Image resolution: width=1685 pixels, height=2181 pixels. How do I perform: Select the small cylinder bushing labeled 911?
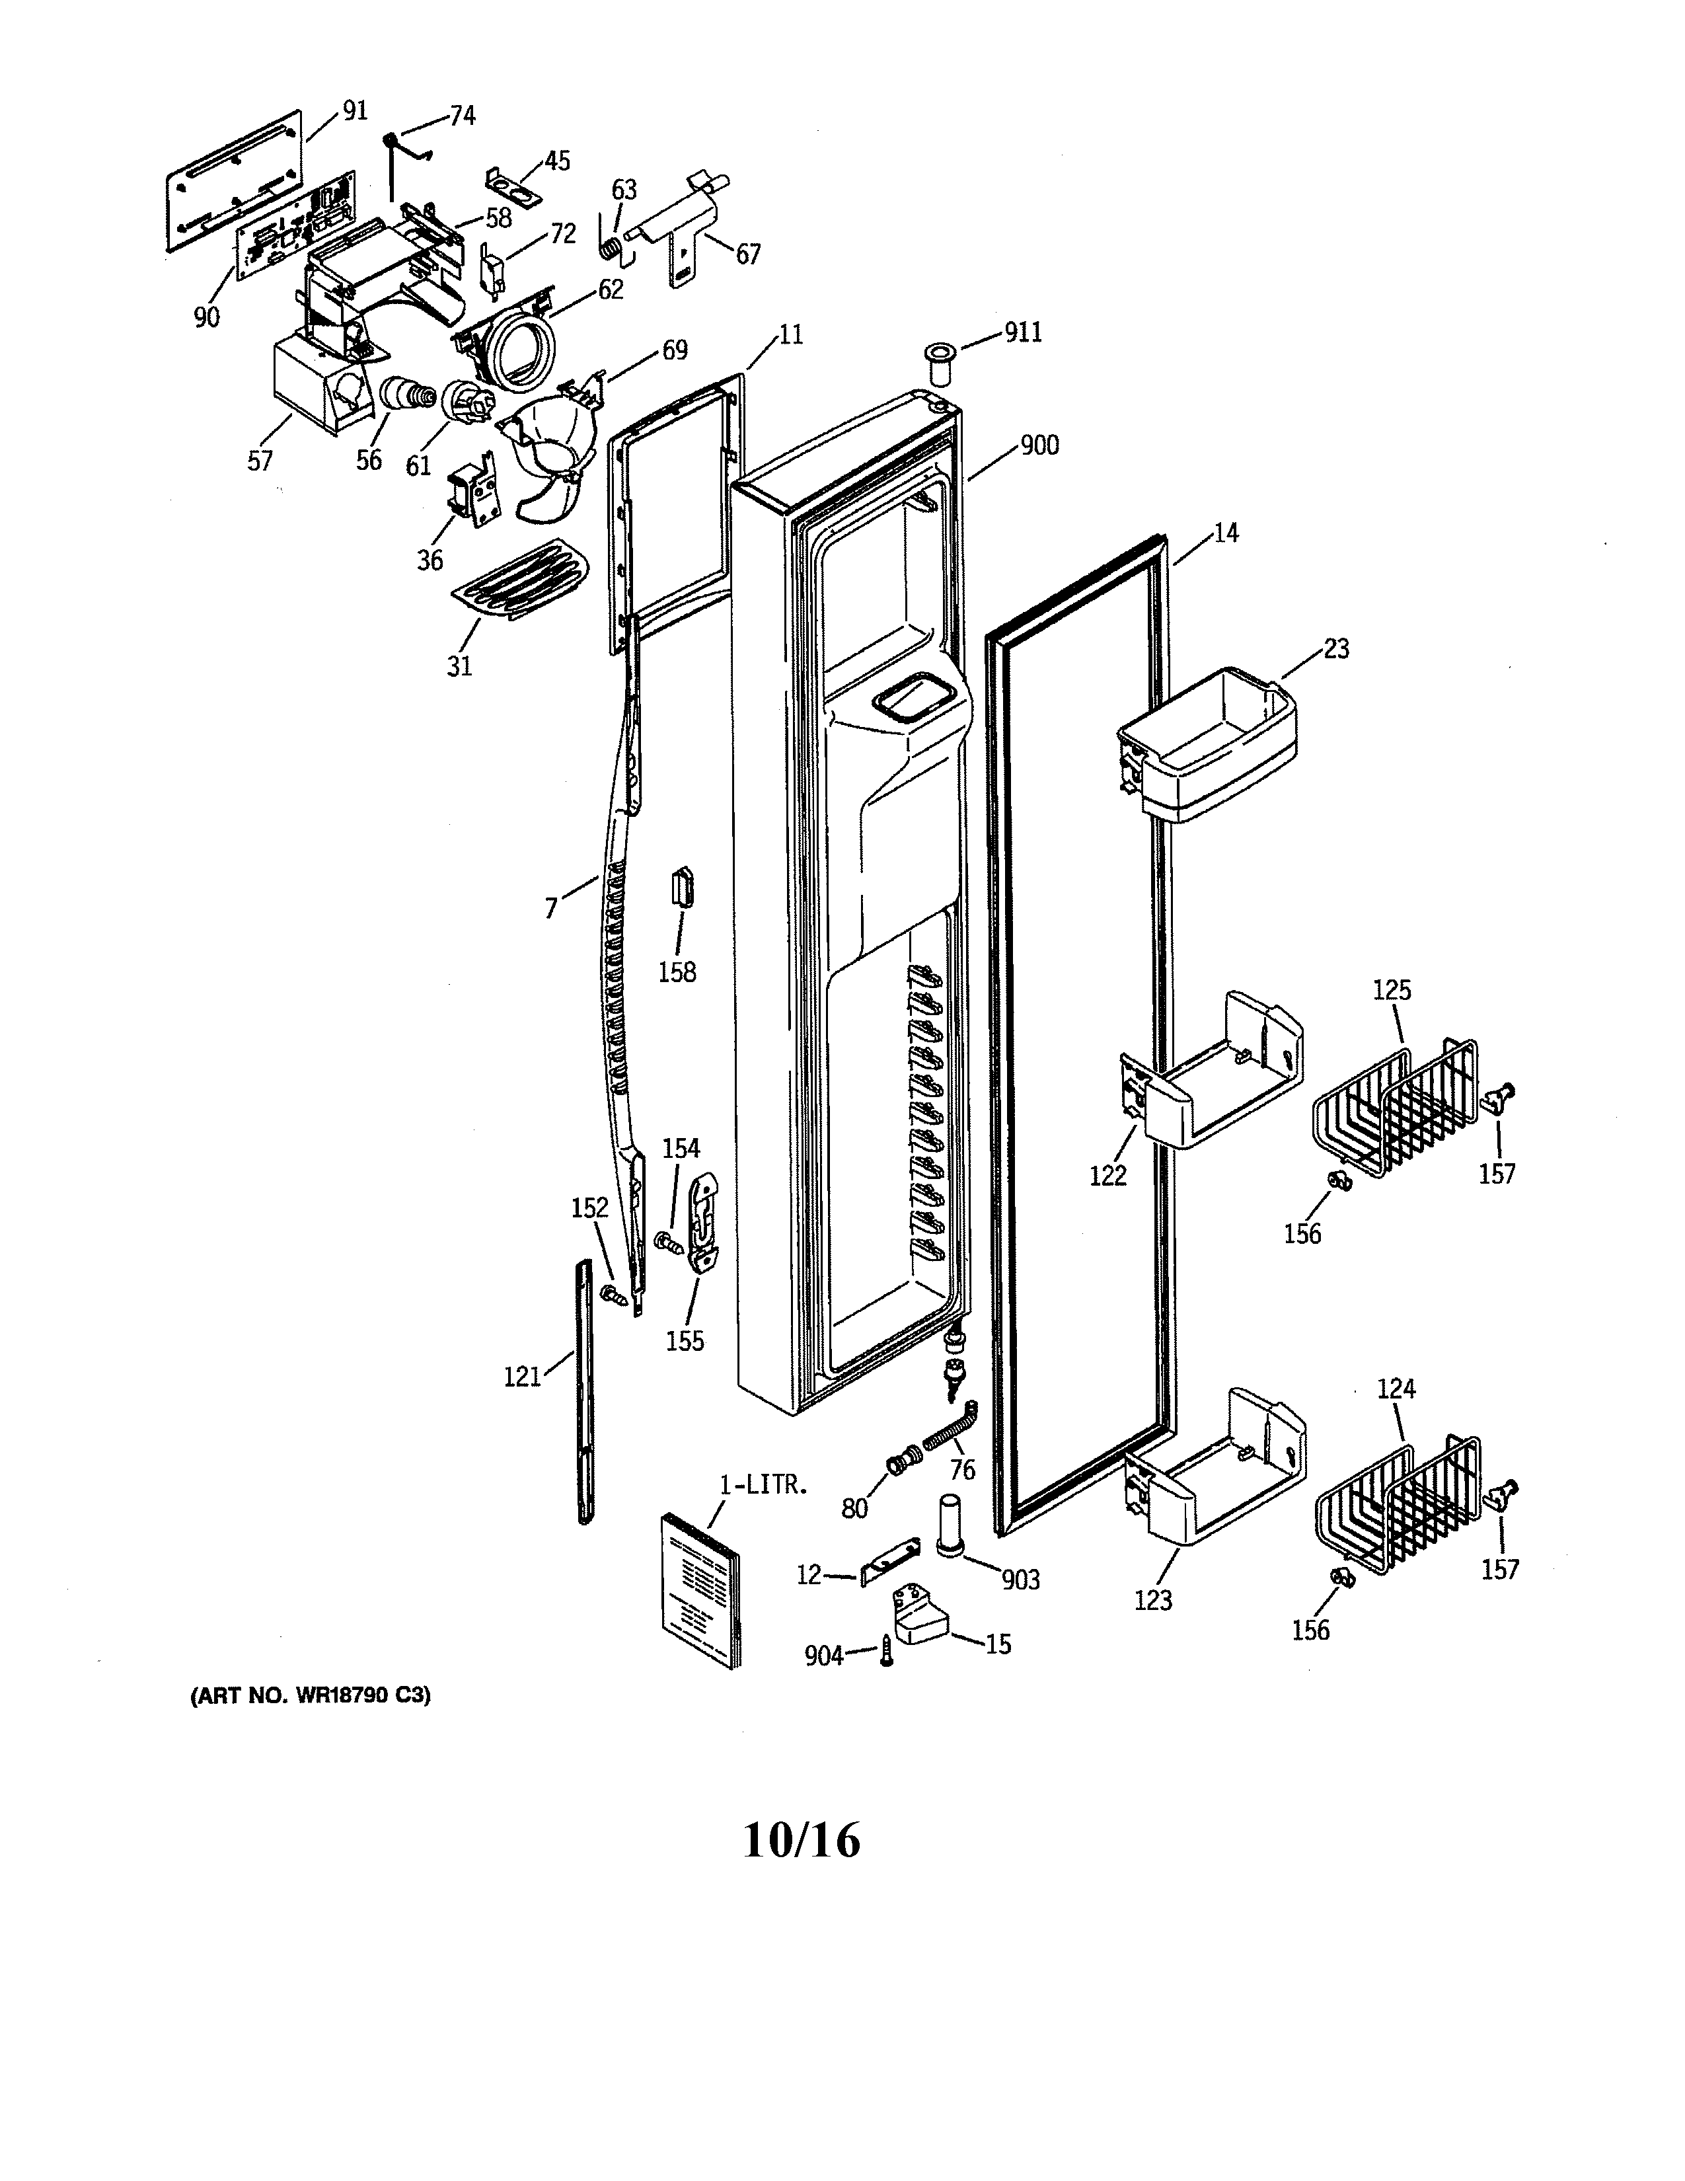938,365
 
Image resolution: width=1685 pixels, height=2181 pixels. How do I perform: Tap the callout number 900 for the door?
1039,446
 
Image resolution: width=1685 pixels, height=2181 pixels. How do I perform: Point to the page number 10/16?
802,1841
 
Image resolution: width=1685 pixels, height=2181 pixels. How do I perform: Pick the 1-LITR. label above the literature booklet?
763,1485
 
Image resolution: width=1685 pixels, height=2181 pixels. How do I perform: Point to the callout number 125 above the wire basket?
1392,991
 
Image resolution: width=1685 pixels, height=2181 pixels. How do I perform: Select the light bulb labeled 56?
404,397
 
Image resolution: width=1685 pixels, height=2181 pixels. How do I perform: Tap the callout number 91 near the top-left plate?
356,111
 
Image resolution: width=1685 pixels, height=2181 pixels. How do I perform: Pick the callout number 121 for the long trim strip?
522,1378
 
